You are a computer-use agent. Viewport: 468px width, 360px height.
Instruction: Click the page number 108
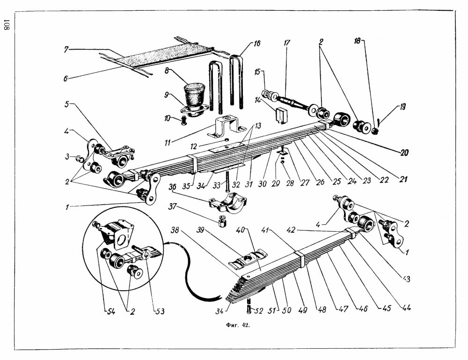click(x=7, y=25)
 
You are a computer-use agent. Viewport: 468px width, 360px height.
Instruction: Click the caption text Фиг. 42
click(x=238, y=325)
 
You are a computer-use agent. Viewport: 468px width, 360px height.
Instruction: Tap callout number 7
click(x=66, y=49)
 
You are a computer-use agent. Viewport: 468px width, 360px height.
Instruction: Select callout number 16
click(x=256, y=44)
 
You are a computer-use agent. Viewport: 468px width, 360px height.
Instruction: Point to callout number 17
click(x=286, y=43)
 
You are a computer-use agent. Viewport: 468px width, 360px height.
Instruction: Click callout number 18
click(x=358, y=41)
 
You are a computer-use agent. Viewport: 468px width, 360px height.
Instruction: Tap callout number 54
click(x=111, y=311)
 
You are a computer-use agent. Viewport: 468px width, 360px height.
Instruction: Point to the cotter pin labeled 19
click(x=378, y=122)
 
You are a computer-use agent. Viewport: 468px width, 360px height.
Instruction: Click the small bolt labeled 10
click(x=184, y=120)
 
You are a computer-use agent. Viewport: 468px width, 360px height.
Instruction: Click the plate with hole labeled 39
click(x=248, y=258)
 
